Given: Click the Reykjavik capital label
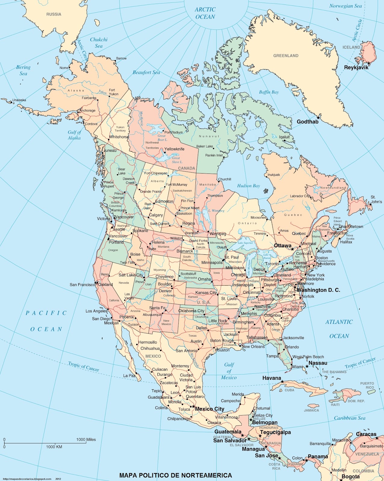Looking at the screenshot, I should [356, 67].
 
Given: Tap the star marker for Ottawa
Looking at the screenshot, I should [292, 249].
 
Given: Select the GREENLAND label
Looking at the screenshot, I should [286, 56].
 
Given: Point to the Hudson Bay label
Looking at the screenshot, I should [248, 186].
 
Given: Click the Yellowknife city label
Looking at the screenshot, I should [174, 149].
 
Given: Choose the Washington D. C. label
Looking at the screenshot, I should [318, 290].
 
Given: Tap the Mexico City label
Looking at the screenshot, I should [210, 409].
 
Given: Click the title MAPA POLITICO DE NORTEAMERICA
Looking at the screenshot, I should [176, 475].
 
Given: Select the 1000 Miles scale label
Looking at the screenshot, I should [86, 440].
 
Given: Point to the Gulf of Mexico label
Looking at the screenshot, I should [229, 371].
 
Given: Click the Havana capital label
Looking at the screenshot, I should [272, 378].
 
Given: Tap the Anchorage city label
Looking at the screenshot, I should [87, 111].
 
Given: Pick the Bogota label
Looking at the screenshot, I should [351, 476].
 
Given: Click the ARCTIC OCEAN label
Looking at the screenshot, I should [205, 13].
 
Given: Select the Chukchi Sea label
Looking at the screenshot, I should [99, 43].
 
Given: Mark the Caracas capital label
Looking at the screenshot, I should [366, 434].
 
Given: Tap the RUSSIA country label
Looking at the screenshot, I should [54, 14].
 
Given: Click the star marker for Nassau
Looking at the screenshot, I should [307, 366].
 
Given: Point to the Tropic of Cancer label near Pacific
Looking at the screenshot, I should [83, 366].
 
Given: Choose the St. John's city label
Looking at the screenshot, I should [376, 199].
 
